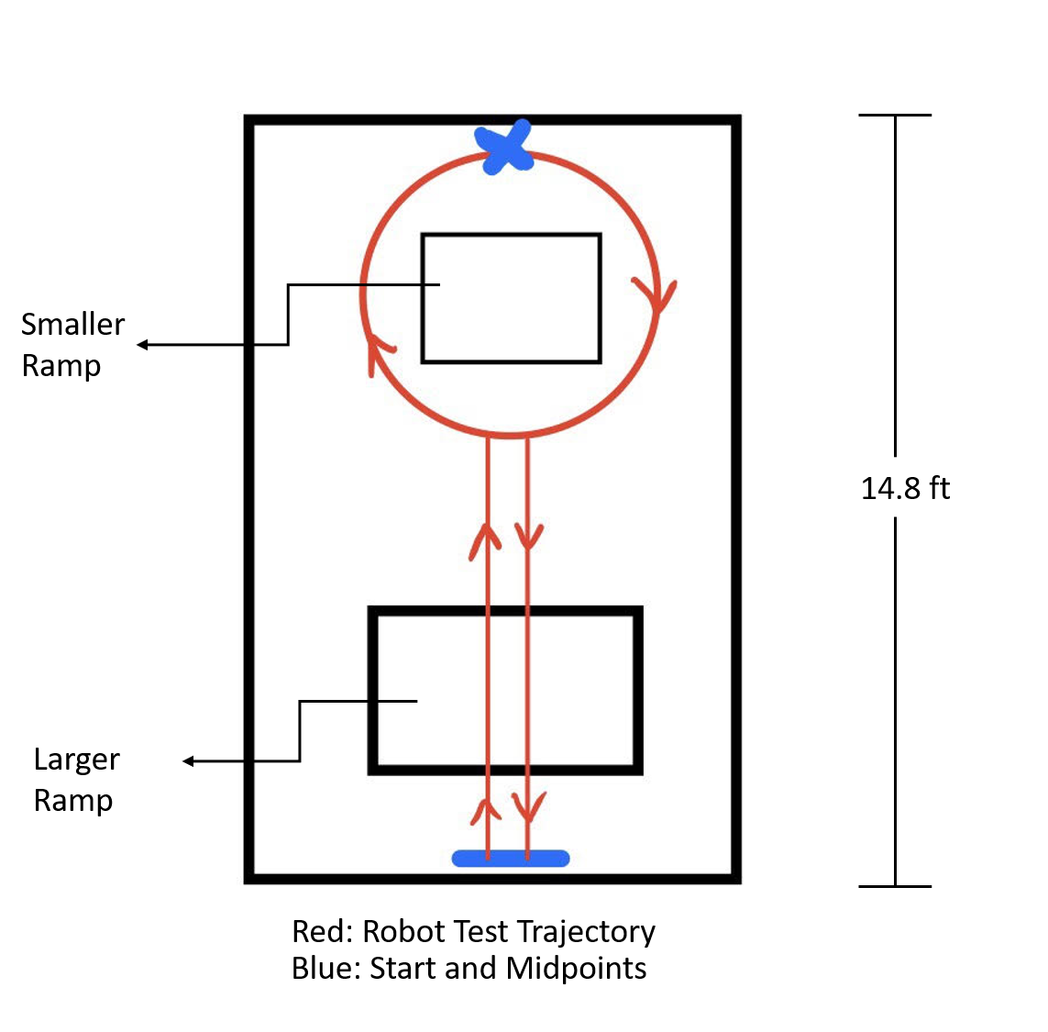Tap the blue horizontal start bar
tap(511, 859)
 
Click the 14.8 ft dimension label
tap(905, 488)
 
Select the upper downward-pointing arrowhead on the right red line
tap(528, 536)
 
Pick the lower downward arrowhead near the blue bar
tap(528, 807)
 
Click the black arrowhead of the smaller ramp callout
tap(143, 345)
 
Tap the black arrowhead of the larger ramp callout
tap(189, 761)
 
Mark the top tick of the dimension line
tap(895, 116)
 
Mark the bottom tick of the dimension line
tap(895, 886)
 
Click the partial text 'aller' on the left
tap(97, 325)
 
